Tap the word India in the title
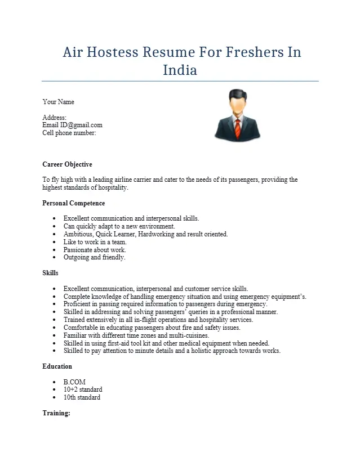click(180, 70)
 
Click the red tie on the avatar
click(238, 128)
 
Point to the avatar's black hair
click(238, 94)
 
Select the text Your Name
click(58, 102)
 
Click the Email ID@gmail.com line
click(72, 125)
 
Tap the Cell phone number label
click(69, 133)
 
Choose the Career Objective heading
click(67, 164)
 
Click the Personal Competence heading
click(73, 203)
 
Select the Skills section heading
click(50, 273)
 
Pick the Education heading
click(57, 366)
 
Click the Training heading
click(56, 413)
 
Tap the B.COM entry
click(74, 382)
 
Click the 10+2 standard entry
click(83, 389)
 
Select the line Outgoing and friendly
click(94, 257)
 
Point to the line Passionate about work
click(95, 249)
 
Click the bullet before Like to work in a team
click(54, 242)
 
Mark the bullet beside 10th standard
click(54, 397)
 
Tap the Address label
click(54, 117)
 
